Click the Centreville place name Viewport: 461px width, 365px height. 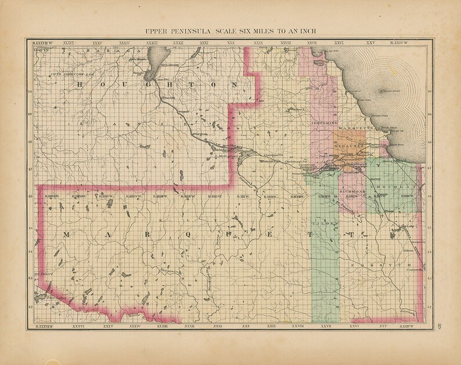(414, 269)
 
